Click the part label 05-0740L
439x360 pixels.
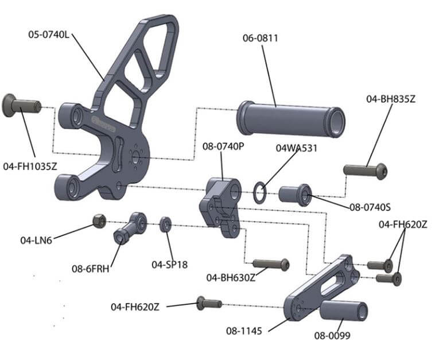49,34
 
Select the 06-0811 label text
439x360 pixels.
260,38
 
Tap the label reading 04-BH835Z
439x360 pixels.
390,99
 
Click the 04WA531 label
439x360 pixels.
296,148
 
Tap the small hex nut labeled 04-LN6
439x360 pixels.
99,220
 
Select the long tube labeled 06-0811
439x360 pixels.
290,118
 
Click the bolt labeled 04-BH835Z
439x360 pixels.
366,171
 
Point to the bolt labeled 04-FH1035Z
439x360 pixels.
22,106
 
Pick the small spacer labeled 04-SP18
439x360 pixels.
166,224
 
